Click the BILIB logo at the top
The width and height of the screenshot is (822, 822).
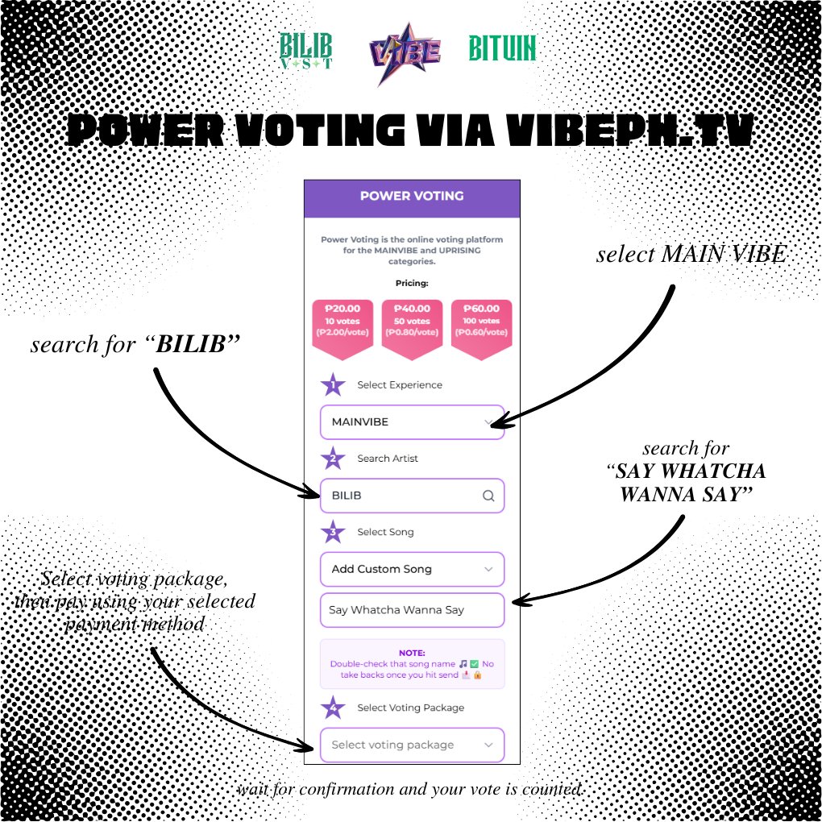[x=305, y=51]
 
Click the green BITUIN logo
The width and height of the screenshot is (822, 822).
[x=502, y=49]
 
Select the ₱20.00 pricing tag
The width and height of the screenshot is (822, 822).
[x=343, y=326]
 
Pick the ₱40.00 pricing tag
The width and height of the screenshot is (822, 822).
[x=412, y=326]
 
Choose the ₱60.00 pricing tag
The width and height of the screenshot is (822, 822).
[x=481, y=326]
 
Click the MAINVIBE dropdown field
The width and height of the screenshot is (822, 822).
[x=412, y=421]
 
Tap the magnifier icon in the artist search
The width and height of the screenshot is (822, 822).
[x=488, y=496]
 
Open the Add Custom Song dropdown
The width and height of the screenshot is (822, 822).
[x=412, y=569]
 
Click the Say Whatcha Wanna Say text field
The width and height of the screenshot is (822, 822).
[x=412, y=610]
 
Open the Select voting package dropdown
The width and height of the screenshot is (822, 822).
[x=412, y=745]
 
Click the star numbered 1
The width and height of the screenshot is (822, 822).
[x=333, y=385]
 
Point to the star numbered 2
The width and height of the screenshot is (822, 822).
[x=333, y=459]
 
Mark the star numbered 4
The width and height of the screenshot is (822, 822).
[x=333, y=708]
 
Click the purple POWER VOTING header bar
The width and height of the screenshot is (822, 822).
[x=412, y=196]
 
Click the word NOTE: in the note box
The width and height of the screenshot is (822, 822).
[x=412, y=654]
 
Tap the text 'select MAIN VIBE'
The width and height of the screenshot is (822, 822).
[x=691, y=255]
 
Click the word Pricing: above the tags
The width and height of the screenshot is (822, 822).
[x=412, y=284]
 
